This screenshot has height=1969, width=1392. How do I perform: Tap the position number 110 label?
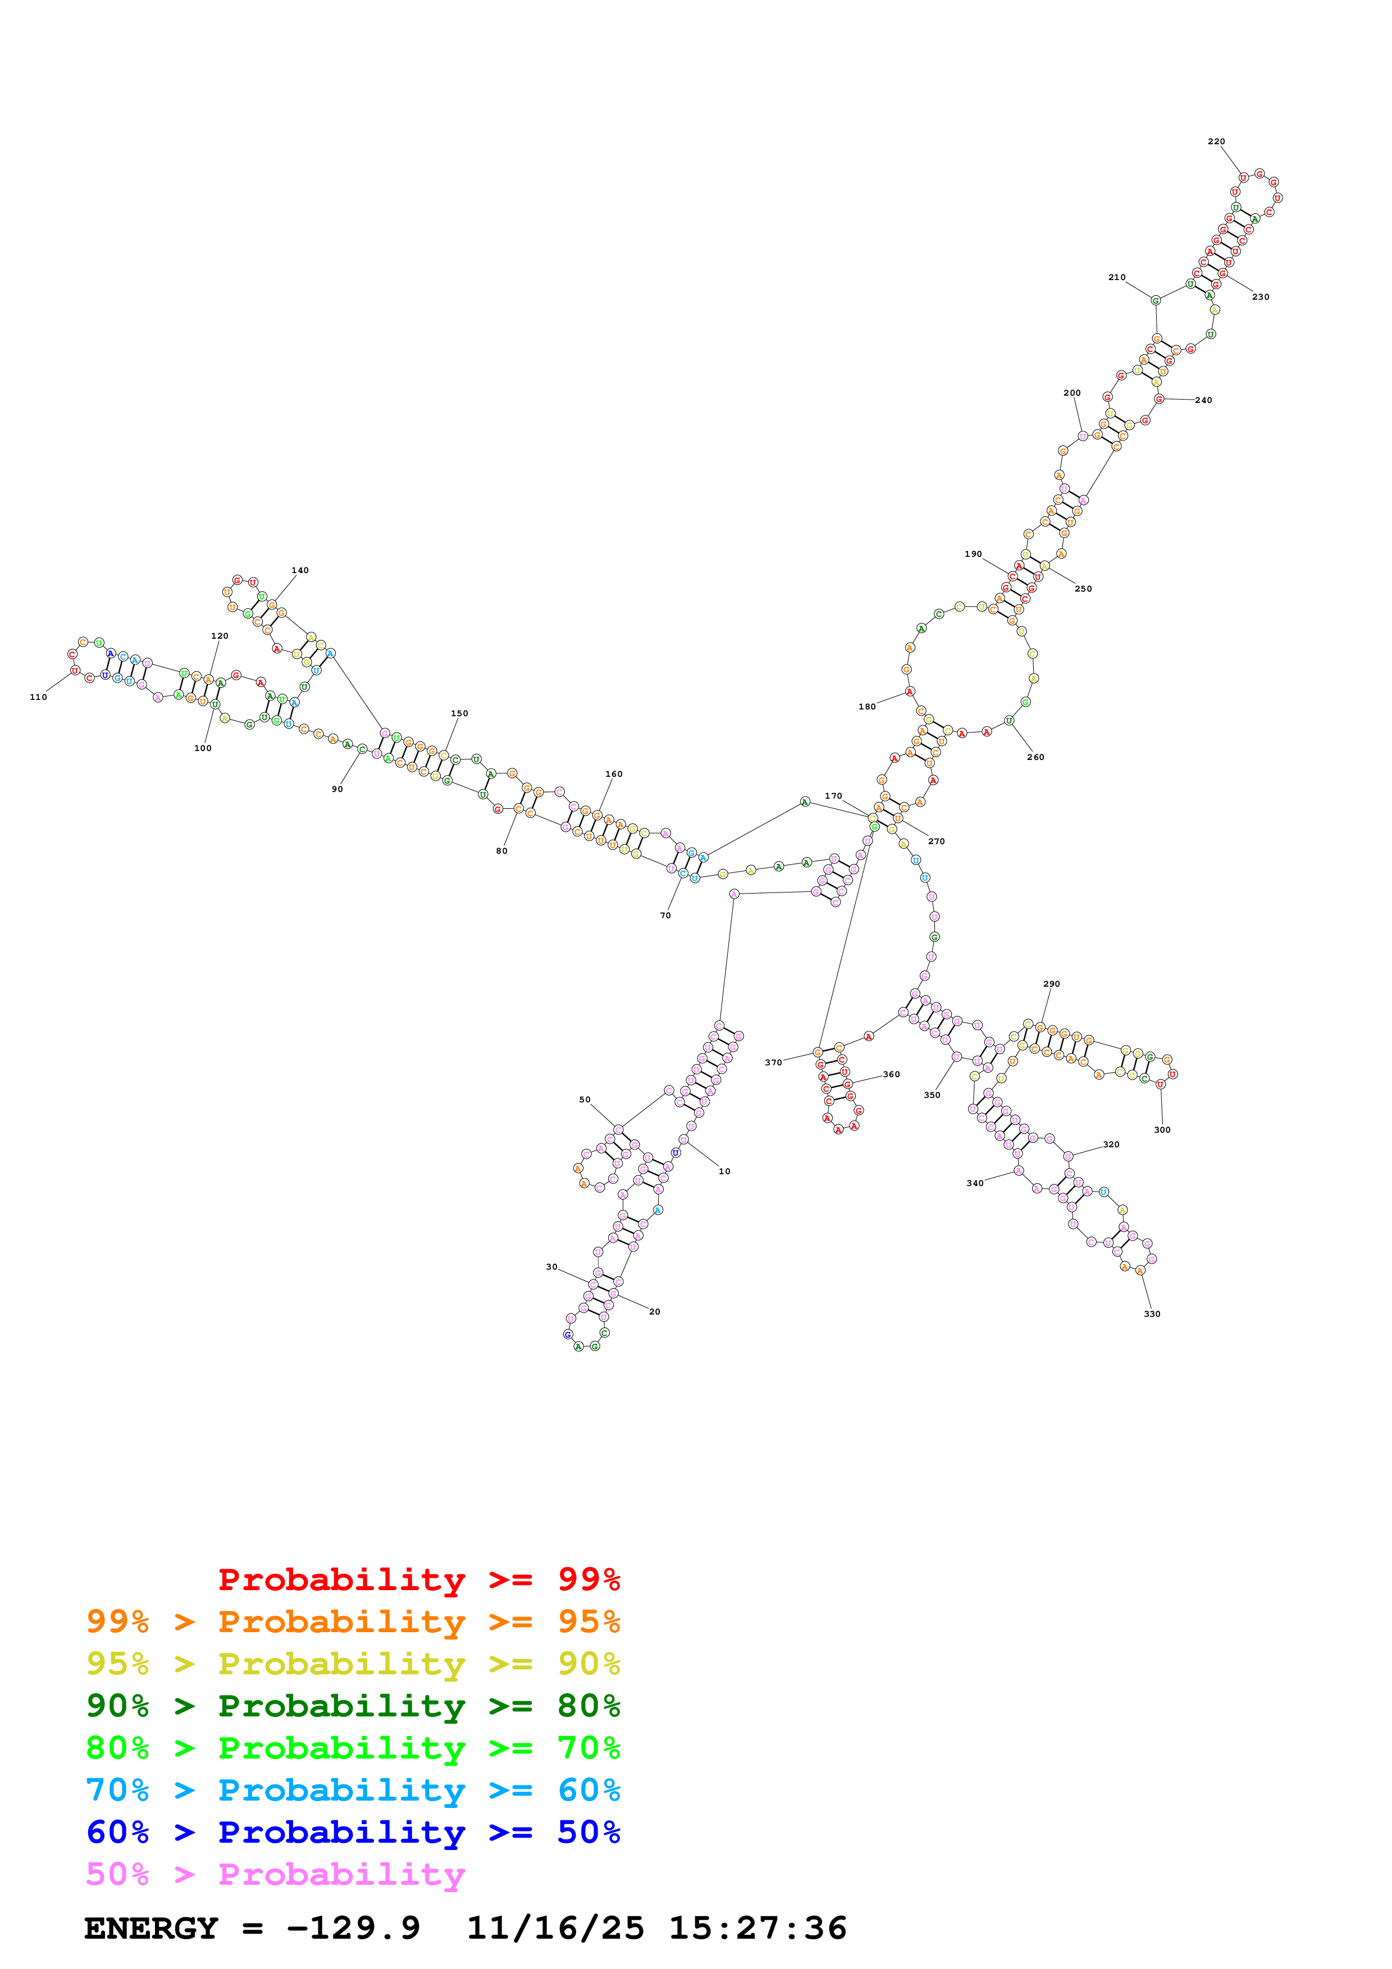39,697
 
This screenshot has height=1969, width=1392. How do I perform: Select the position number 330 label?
1151,1314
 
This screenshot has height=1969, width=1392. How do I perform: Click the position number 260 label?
1035,757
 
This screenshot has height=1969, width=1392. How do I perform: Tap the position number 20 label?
654,1311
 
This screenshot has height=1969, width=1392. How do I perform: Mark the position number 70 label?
665,916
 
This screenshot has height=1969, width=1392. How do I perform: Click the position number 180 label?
867,707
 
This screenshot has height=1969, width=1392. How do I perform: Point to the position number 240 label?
1203,401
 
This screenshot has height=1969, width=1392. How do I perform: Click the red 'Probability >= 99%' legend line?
418,1579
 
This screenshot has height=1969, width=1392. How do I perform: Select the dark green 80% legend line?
353,1706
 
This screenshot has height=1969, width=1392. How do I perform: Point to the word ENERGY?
151,1928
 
